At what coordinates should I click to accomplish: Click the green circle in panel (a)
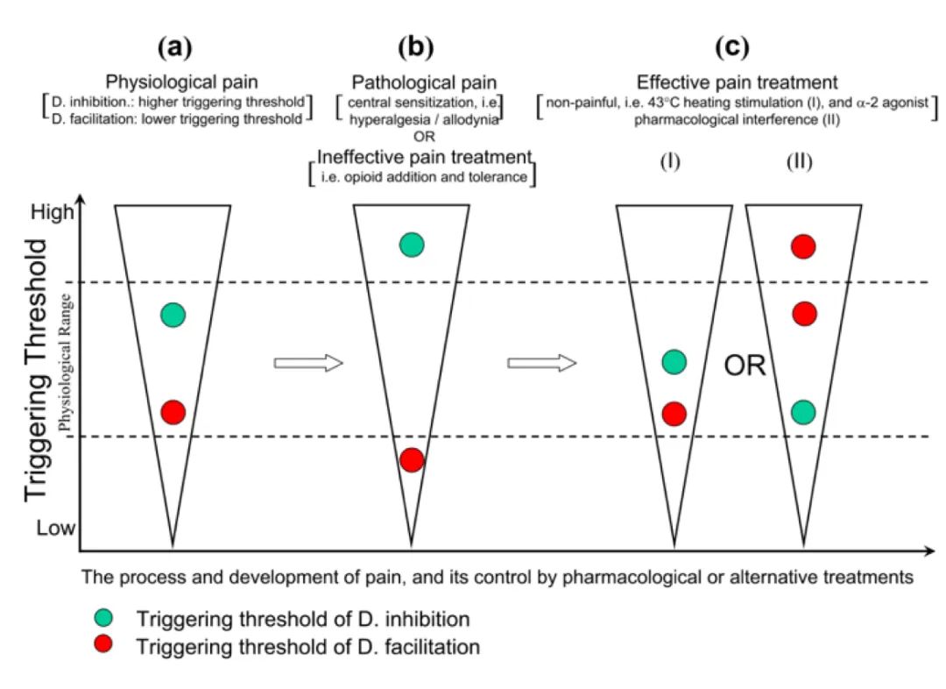click(173, 316)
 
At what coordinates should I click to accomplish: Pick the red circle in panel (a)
click(173, 411)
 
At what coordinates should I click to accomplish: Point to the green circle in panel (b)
click(412, 245)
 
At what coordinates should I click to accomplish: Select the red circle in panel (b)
click(412, 459)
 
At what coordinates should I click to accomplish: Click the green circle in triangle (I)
click(674, 361)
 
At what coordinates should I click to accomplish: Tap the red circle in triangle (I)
click(674, 413)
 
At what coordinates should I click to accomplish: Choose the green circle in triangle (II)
click(803, 411)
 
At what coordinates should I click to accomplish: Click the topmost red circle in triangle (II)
click(803, 246)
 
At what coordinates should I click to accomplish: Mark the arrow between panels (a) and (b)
click(307, 363)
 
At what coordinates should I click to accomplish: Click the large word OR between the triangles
click(745, 366)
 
